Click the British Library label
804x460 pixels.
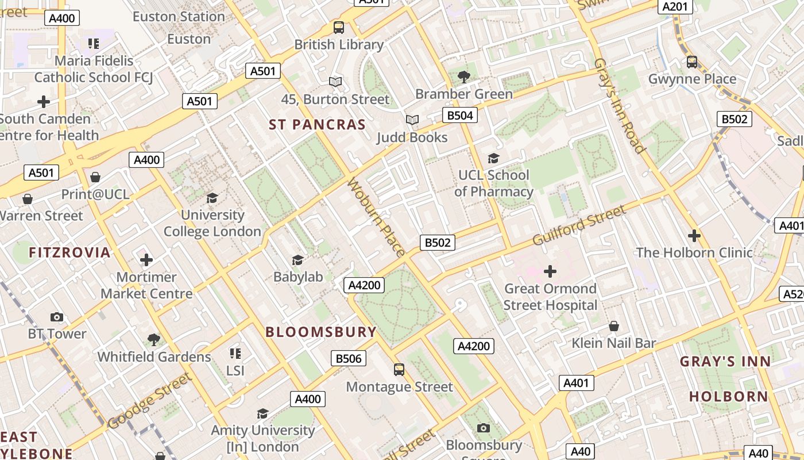(x=339, y=45)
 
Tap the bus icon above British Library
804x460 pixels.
(x=339, y=27)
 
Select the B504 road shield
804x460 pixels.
(x=460, y=116)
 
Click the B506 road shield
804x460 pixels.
(x=349, y=359)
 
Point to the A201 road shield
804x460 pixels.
(x=674, y=6)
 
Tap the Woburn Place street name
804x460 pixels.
(x=376, y=217)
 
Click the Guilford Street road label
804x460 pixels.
(x=579, y=225)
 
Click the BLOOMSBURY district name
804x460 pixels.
(x=321, y=332)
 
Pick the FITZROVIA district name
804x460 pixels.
(x=69, y=252)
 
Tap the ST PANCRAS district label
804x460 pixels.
(x=317, y=125)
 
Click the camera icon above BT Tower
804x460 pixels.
(x=57, y=317)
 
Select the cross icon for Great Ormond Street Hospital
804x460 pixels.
(x=550, y=271)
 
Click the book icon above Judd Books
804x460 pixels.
(x=412, y=120)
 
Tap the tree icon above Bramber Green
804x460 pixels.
(x=463, y=76)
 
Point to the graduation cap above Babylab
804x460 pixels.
(x=297, y=260)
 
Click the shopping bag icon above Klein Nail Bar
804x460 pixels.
(x=614, y=326)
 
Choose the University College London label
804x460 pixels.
(x=212, y=223)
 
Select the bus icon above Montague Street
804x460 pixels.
(x=399, y=369)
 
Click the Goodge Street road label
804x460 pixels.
(x=149, y=401)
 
